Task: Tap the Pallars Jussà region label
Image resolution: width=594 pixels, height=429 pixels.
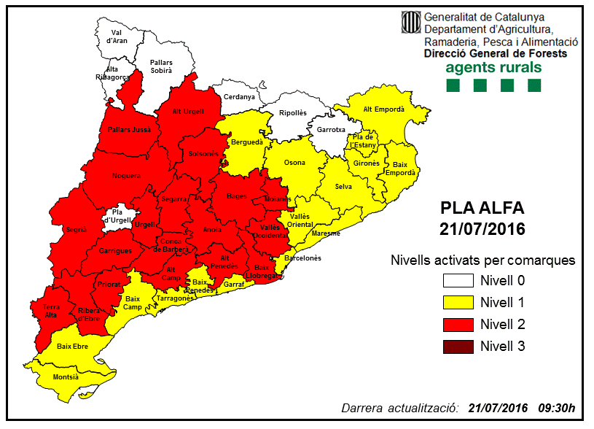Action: pos(129,129)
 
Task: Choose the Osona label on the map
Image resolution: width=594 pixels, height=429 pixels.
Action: pos(294,163)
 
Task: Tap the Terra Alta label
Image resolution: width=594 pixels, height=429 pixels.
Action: pos(51,311)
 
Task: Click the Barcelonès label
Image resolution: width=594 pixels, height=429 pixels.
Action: pos(302,258)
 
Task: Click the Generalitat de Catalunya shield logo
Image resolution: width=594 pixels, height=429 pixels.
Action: pos(410,22)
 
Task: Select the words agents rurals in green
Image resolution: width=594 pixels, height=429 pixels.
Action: pos(493,67)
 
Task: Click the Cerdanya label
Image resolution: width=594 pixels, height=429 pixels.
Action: pos(239,97)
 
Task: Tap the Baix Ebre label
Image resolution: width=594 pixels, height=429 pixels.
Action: pos(73,347)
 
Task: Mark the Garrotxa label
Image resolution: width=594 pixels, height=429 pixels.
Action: pos(331,129)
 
